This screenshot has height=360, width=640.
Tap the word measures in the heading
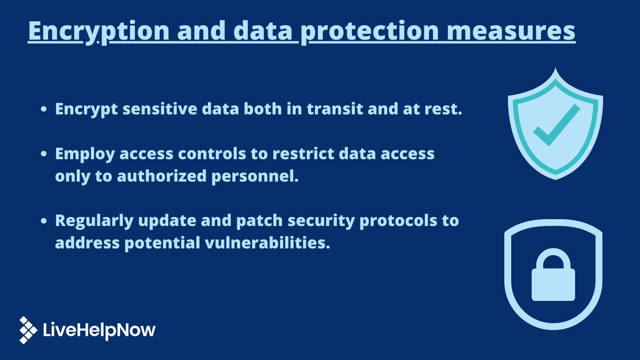coord(511,31)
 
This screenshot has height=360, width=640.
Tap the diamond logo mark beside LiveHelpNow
coord(28,330)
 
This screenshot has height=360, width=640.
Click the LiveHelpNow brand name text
coord(99,330)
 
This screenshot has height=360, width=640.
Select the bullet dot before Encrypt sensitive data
coord(44,109)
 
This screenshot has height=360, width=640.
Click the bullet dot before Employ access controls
coord(44,154)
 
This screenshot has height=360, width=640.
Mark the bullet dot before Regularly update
coord(44,221)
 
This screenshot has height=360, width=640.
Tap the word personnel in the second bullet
coord(254,176)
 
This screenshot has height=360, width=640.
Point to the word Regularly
coord(94,221)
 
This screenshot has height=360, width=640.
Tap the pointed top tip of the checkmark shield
coord(555,70)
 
